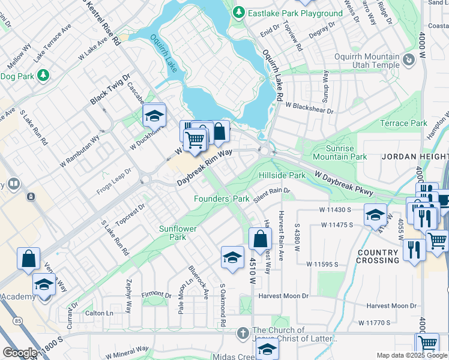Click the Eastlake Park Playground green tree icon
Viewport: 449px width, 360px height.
(239, 13)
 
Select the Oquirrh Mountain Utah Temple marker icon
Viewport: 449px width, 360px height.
(409, 59)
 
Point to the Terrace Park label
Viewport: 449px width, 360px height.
(403, 124)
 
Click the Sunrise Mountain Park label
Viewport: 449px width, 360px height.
(346, 152)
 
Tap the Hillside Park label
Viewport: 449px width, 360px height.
(282, 175)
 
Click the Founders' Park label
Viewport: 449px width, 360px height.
(221, 199)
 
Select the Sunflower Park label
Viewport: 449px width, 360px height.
(173, 233)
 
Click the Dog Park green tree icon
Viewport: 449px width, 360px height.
(43, 76)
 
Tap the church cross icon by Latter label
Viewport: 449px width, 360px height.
(242, 332)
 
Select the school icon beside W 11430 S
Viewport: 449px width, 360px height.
(375, 214)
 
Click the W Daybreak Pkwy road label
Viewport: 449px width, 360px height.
(345, 183)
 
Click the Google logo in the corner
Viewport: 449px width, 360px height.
(20, 352)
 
